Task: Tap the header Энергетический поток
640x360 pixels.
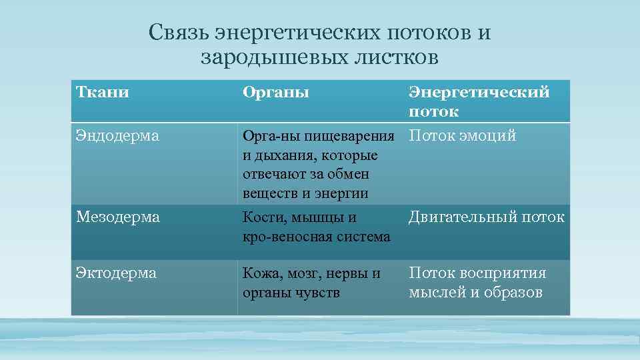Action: pos(479,101)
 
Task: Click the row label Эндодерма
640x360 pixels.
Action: pos(117,136)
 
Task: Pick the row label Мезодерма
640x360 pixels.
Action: pos(117,217)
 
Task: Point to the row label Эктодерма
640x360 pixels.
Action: pos(116,273)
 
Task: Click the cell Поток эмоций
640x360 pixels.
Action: pos(462,136)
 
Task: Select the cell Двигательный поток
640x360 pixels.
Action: pos(486,217)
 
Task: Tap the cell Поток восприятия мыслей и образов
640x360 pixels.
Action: pos(477,283)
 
